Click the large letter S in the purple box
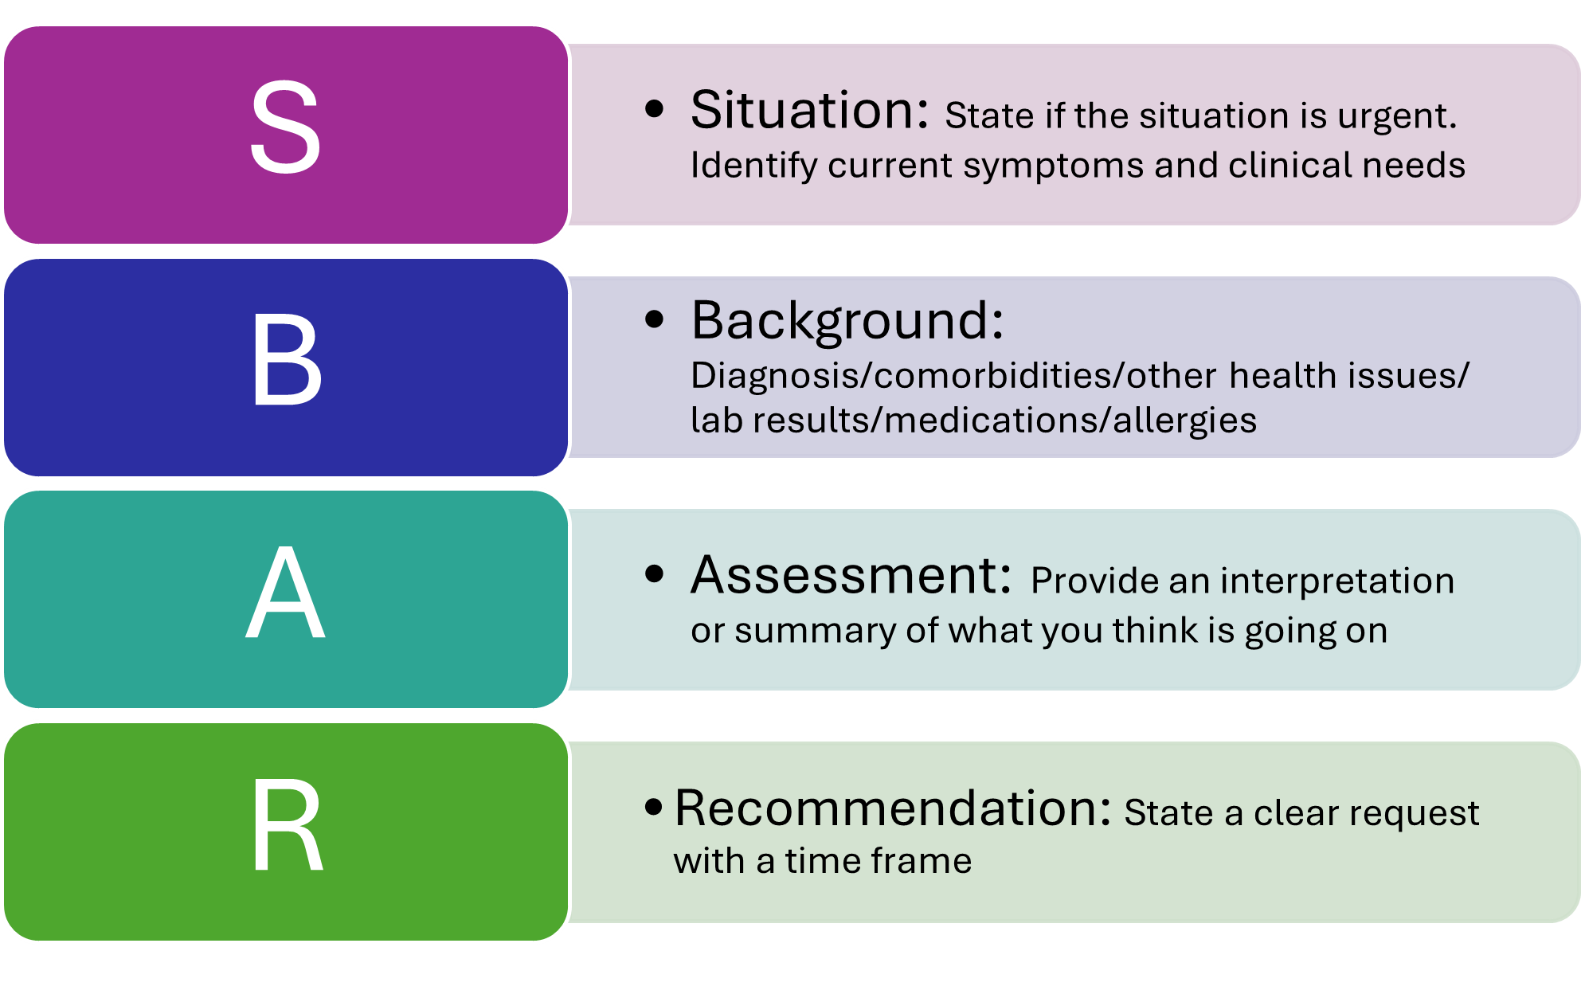[285, 127]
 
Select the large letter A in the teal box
[285, 593]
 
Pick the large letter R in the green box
[287, 826]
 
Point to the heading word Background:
[847, 320]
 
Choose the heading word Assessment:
[851, 575]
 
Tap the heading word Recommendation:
[892, 808]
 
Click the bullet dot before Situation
[654, 110]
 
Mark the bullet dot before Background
[654, 320]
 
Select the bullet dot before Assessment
[654, 574]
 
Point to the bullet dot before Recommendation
[654, 808]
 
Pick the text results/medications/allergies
[1004, 421]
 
